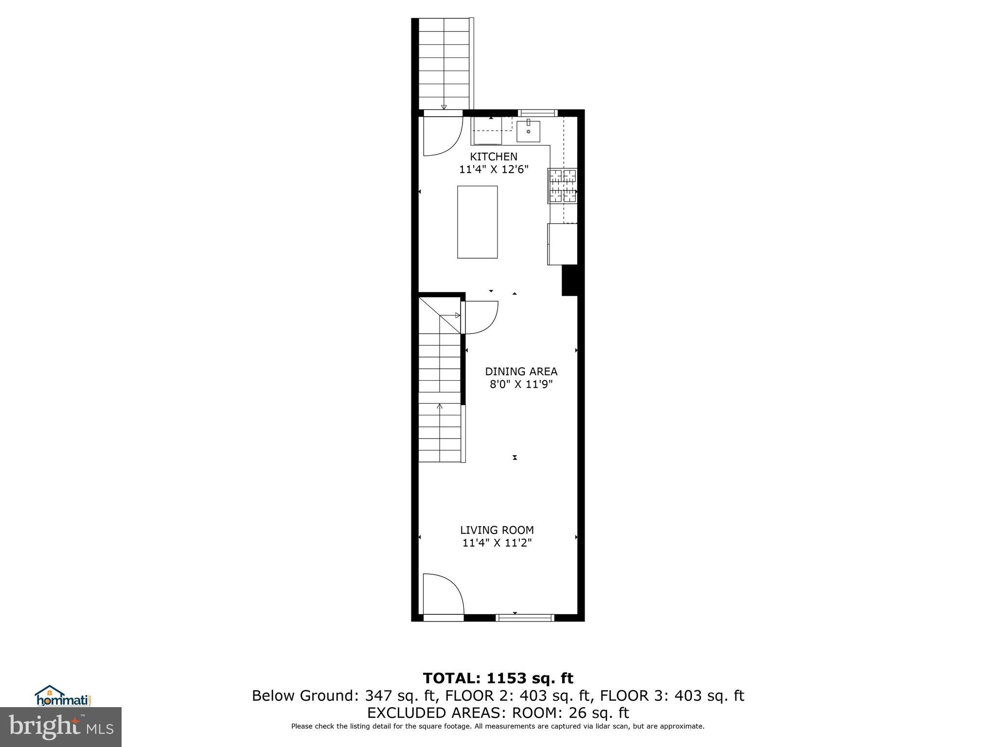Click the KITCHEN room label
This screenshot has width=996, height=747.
(x=493, y=157)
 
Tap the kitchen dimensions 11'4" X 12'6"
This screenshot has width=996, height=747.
(x=493, y=170)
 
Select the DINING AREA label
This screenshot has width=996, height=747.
(x=521, y=372)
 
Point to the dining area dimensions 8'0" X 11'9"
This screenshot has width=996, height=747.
(x=521, y=385)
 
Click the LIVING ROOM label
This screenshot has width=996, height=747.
(x=497, y=530)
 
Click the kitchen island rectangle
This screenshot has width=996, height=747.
(x=477, y=222)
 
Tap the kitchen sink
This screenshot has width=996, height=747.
(x=528, y=131)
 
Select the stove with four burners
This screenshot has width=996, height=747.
(x=563, y=185)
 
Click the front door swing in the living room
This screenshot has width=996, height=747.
(x=440, y=596)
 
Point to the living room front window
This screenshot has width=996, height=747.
(x=525, y=618)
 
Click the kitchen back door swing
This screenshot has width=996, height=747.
(x=440, y=135)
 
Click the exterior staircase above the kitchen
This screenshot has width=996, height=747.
(x=444, y=63)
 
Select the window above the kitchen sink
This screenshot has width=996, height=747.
(x=537, y=113)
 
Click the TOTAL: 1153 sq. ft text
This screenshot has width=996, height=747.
(x=498, y=678)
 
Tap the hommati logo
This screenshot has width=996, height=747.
(x=63, y=696)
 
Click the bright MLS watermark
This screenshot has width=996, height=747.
(x=60, y=727)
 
